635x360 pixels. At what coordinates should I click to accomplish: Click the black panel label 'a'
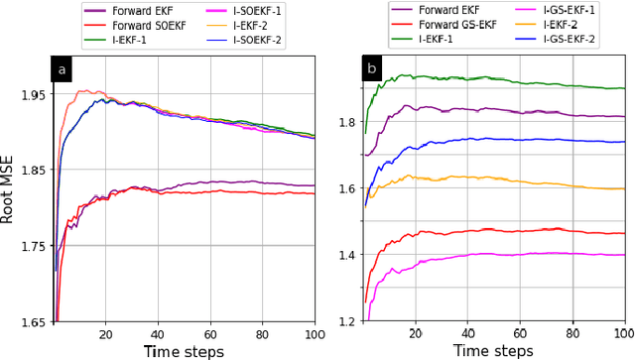coord(62,69)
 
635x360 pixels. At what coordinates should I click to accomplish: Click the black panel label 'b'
coord(372,70)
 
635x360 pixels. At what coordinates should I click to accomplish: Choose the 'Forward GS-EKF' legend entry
coord(462,24)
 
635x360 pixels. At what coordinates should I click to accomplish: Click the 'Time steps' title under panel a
coord(184,350)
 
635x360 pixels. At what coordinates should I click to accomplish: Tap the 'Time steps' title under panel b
coord(492,350)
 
